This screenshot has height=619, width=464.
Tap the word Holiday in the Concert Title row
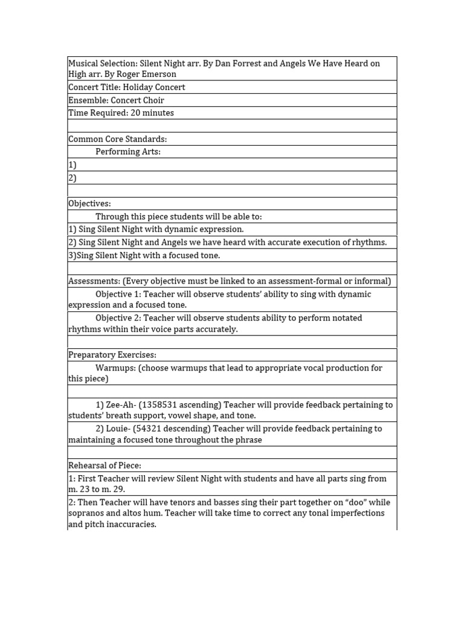140,87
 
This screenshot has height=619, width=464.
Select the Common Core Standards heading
117,139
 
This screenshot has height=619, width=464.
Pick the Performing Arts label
127,152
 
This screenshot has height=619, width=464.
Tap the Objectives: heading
89,204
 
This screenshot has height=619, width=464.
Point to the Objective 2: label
118,318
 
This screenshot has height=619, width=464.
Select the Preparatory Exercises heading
112,355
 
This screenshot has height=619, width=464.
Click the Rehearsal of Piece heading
105,465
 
